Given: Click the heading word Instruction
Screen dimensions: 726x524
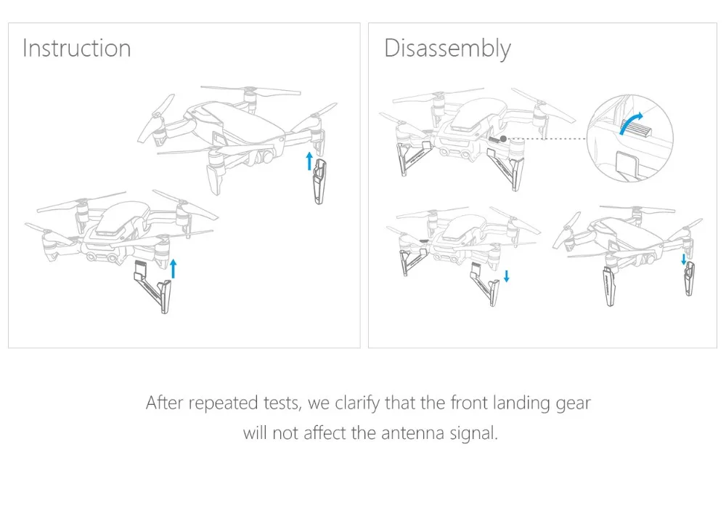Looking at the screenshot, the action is point(76,48).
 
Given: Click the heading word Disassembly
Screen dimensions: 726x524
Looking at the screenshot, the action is point(447,49).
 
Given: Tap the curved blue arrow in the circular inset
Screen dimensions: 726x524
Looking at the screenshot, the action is point(631,122).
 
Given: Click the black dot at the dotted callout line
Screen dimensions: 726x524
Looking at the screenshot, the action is point(503,139).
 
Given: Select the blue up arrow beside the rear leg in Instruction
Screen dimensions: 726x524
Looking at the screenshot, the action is point(310,161).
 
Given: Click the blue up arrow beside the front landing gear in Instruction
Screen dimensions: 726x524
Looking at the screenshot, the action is point(174,269).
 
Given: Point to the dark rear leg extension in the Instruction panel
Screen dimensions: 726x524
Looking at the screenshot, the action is point(319,181).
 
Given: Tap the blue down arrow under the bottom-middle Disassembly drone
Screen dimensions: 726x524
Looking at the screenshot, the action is point(507,276).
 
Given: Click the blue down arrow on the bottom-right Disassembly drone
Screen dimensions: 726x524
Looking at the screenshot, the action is point(684,259).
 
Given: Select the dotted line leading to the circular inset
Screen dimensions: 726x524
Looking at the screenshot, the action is point(547,139).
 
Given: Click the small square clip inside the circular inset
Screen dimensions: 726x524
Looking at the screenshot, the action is point(627,162).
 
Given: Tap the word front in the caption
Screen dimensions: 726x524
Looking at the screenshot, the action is point(469,403).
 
